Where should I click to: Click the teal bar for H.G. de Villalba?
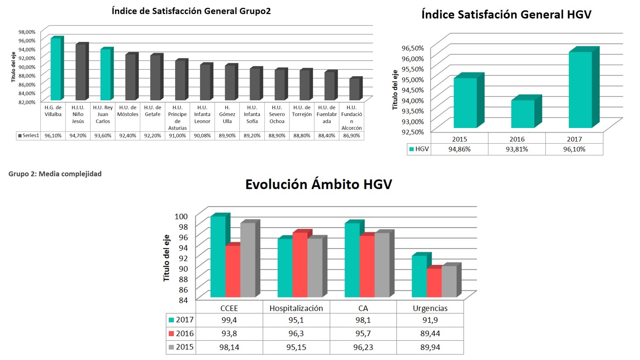pyautogui.click(x=56, y=69)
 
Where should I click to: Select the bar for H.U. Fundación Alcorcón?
pyautogui.click(x=354, y=89)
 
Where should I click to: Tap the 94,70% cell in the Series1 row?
pyautogui.click(x=78, y=136)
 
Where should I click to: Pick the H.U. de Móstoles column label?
pyautogui.click(x=128, y=111)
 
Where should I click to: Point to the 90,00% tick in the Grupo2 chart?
pyautogui.click(x=27, y=67)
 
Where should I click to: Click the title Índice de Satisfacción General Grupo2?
pyautogui.click(x=191, y=11)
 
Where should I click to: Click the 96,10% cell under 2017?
pyautogui.click(x=574, y=149)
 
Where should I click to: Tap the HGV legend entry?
pyautogui.click(x=419, y=149)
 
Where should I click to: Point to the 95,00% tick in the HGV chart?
pyautogui.click(x=412, y=80)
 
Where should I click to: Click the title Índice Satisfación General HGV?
pyautogui.click(x=506, y=15)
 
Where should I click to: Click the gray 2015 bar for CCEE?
pyautogui.click(x=248, y=260)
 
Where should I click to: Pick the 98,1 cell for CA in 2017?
pyautogui.click(x=363, y=320)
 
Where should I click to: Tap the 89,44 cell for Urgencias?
pyautogui.click(x=430, y=333)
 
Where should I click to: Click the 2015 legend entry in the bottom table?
pyautogui.click(x=181, y=347)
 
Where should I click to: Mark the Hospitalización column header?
pyautogui.click(x=296, y=308)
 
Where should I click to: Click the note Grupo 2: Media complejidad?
pyautogui.click(x=55, y=174)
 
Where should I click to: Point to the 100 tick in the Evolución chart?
pyautogui.click(x=181, y=217)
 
